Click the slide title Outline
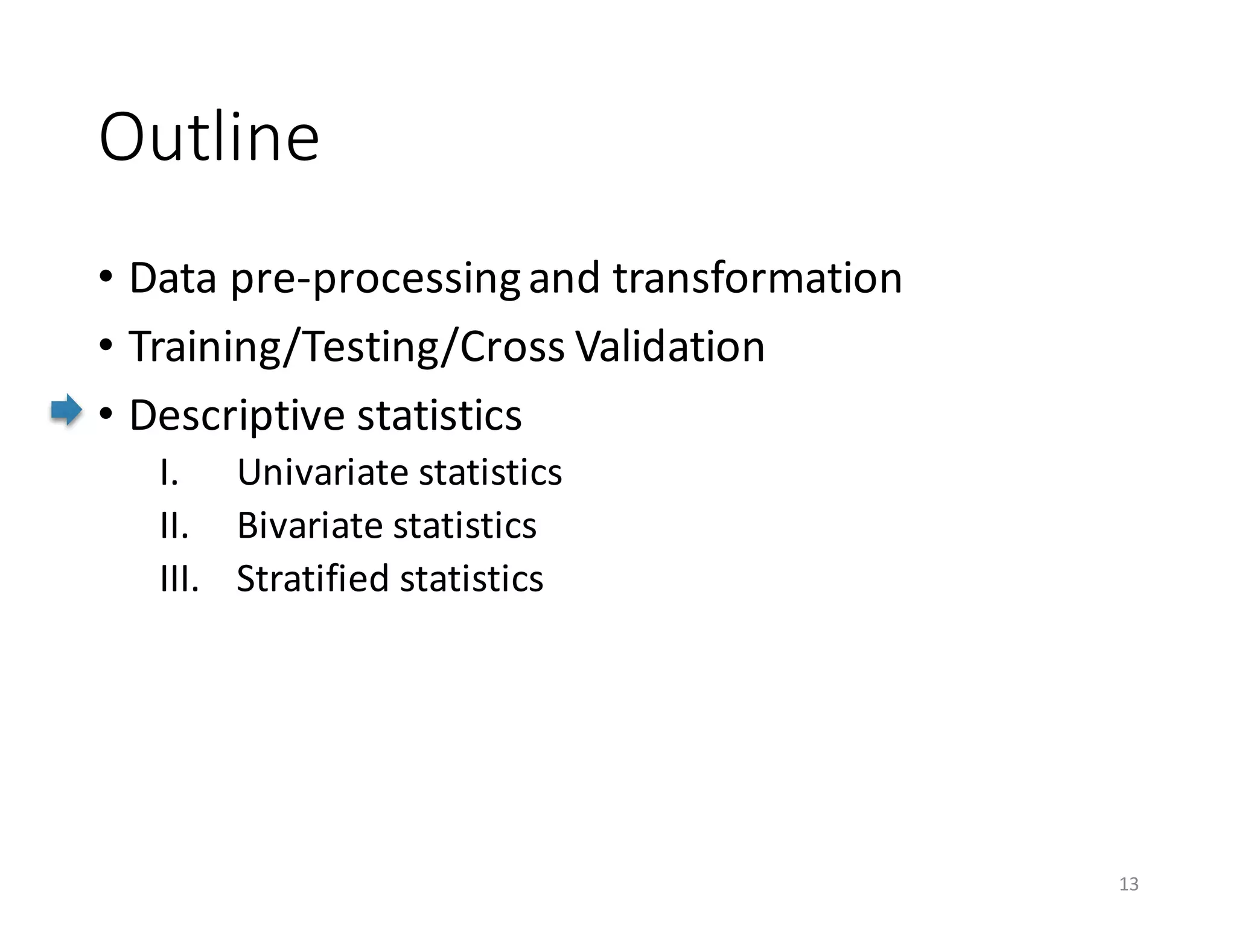[209, 138]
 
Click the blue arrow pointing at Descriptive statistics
[66, 410]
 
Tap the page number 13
[1129, 884]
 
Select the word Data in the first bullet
[173, 278]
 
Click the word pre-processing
[375, 279]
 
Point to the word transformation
[757, 278]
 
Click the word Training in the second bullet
[205, 347]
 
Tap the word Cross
[512, 347]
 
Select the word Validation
[670, 347]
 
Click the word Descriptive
[236, 416]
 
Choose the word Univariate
[323, 472]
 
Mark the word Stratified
[313, 578]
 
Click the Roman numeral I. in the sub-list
[169, 472]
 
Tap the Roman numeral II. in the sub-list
[174, 525]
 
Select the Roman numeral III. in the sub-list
[179, 578]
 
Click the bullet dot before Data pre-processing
[106, 278]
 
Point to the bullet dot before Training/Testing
[106, 346]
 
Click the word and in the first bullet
[564, 278]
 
